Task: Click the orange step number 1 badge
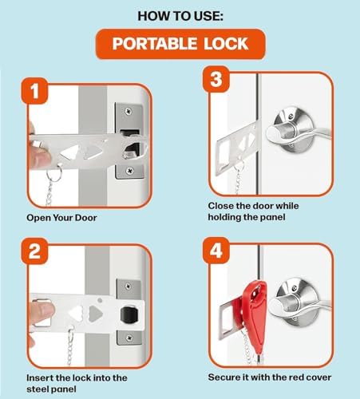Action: tap(34, 91)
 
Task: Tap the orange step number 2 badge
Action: tap(34, 251)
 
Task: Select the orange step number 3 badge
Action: tap(216, 79)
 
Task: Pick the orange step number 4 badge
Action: tap(216, 251)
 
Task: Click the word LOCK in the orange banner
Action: tap(226, 44)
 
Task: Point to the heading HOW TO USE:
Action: tap(180, 16)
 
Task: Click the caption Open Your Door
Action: tap(61, 218)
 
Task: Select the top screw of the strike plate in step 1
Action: tap(129, 111)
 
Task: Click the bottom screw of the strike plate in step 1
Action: tap(129, 170)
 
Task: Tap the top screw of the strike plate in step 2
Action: tap(129, 286)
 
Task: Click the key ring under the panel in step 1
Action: tap(54, 172)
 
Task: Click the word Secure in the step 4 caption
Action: tap(222, 377)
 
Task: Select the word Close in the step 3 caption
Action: tap(220, 206)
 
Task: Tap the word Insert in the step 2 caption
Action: tap(40, 377)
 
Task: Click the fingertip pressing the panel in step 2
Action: tap(42, 310)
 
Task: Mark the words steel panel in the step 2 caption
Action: tap(51, 389)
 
